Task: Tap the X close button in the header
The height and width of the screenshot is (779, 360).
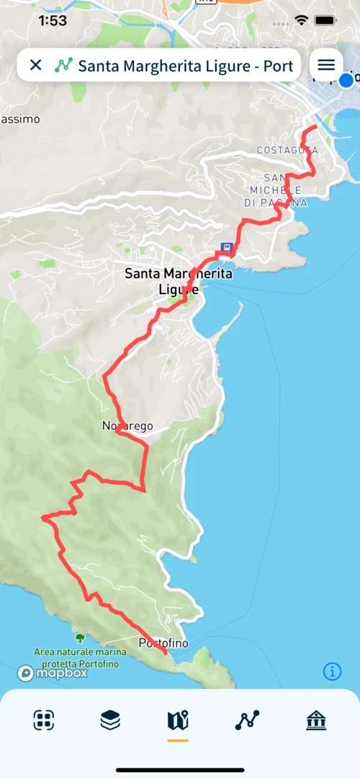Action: click(35, 66)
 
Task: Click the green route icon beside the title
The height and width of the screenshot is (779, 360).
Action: click(63, 66)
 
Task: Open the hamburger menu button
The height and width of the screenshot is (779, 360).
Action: click(326, 65)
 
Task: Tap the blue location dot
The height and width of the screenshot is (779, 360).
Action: click(347, 80)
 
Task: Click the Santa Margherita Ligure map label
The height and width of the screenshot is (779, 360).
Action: click(178, 282)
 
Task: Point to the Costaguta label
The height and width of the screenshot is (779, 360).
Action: click(287, 150)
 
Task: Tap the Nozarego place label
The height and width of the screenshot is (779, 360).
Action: click(127, 426)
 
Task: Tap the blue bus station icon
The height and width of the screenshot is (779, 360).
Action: click(226, 248)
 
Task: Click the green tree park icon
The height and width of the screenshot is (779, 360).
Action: click(79, 638)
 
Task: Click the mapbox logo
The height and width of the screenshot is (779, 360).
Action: click(53, 673)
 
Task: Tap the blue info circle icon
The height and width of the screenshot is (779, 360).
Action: click(332, 672)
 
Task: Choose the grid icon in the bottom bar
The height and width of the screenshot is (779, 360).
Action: click(44, 720)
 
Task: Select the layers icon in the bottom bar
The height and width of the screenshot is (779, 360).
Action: click(110, 720)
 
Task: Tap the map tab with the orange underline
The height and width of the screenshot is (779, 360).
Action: click(177, 720)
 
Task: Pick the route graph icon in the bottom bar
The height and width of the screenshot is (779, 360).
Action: click(247, 720)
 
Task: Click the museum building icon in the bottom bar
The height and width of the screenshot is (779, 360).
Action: click(316, 720)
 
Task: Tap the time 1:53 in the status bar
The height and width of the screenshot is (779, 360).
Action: click(53, 21)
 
